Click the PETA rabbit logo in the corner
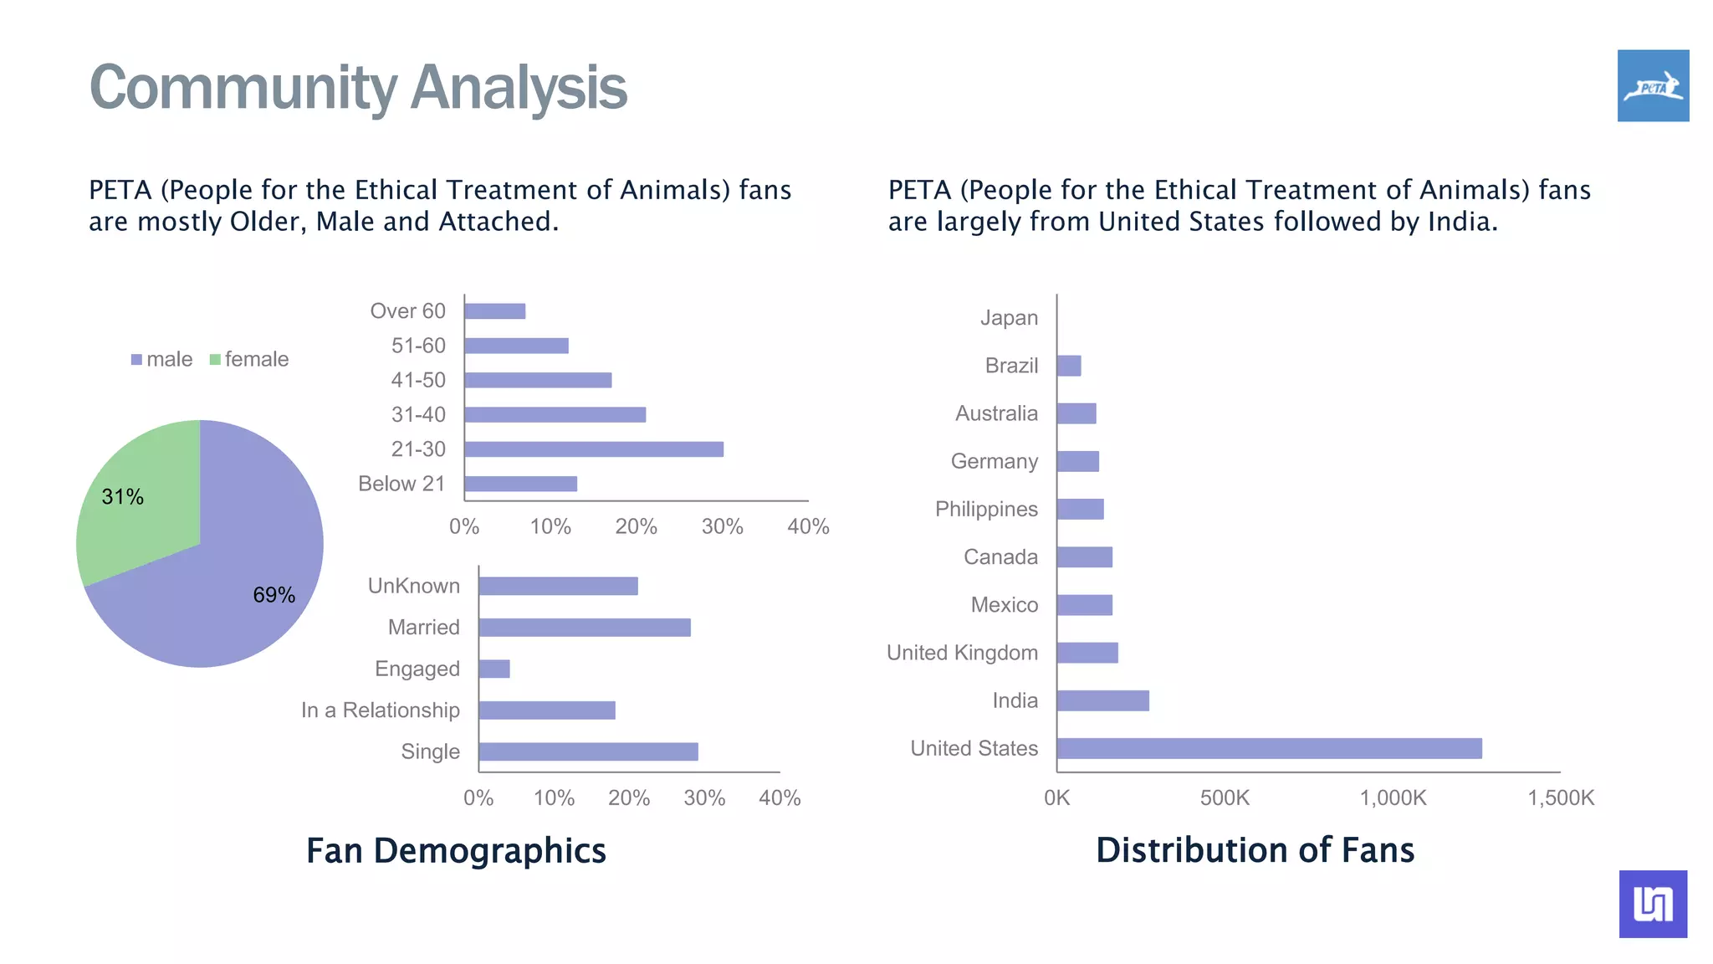click(1653, 85)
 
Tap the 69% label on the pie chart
click(274, 595)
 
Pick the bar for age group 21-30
click(593, 449)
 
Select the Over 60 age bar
click(494, 311)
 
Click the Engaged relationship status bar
click(493, 669)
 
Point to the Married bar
click(584, 628)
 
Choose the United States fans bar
click(1268, 748)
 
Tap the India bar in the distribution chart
click(1102, 700)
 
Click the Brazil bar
click(1068, 366)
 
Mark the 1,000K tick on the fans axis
click(1393, 797)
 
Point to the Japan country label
click(1009, 318)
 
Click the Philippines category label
click(986, 509)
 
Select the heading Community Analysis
click(358, 87)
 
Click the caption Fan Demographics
click(456, 850)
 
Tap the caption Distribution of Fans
click(1255, 849)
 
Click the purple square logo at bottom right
click(1653, 904)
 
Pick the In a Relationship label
click(381, 710)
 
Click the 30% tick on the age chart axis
click(722, 526)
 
